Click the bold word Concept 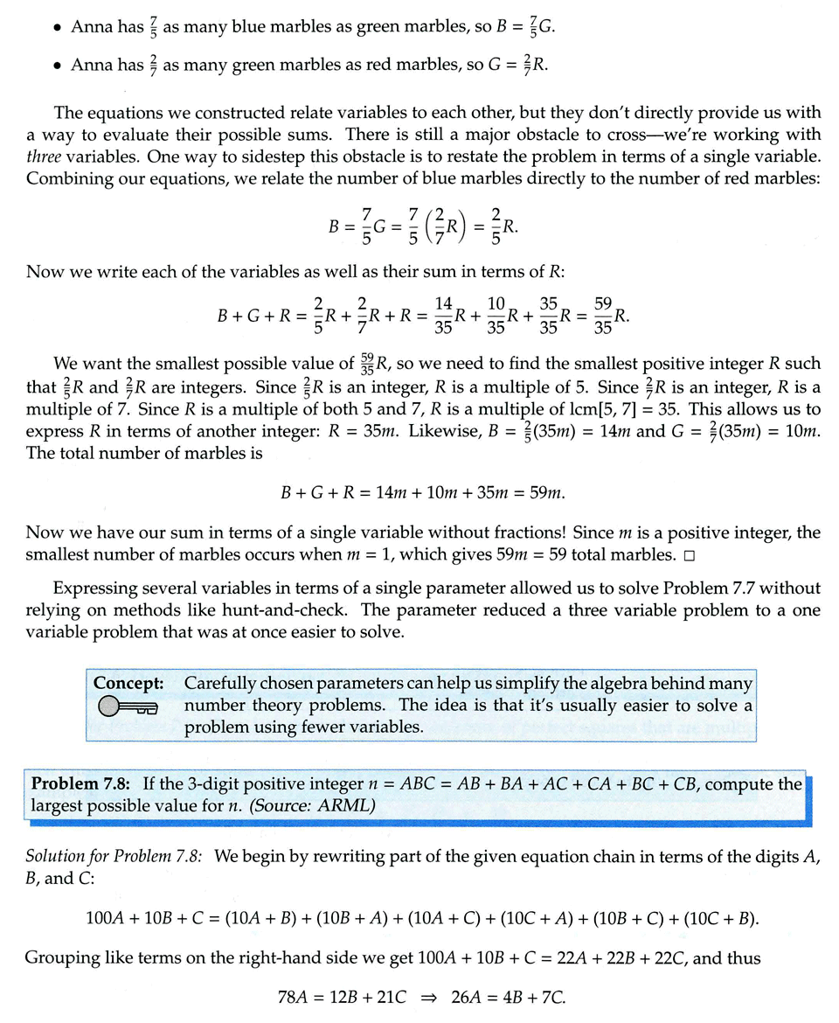[x=124, y=683]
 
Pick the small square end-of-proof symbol [x=690, y=555]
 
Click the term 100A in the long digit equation [x=105, y=918]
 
